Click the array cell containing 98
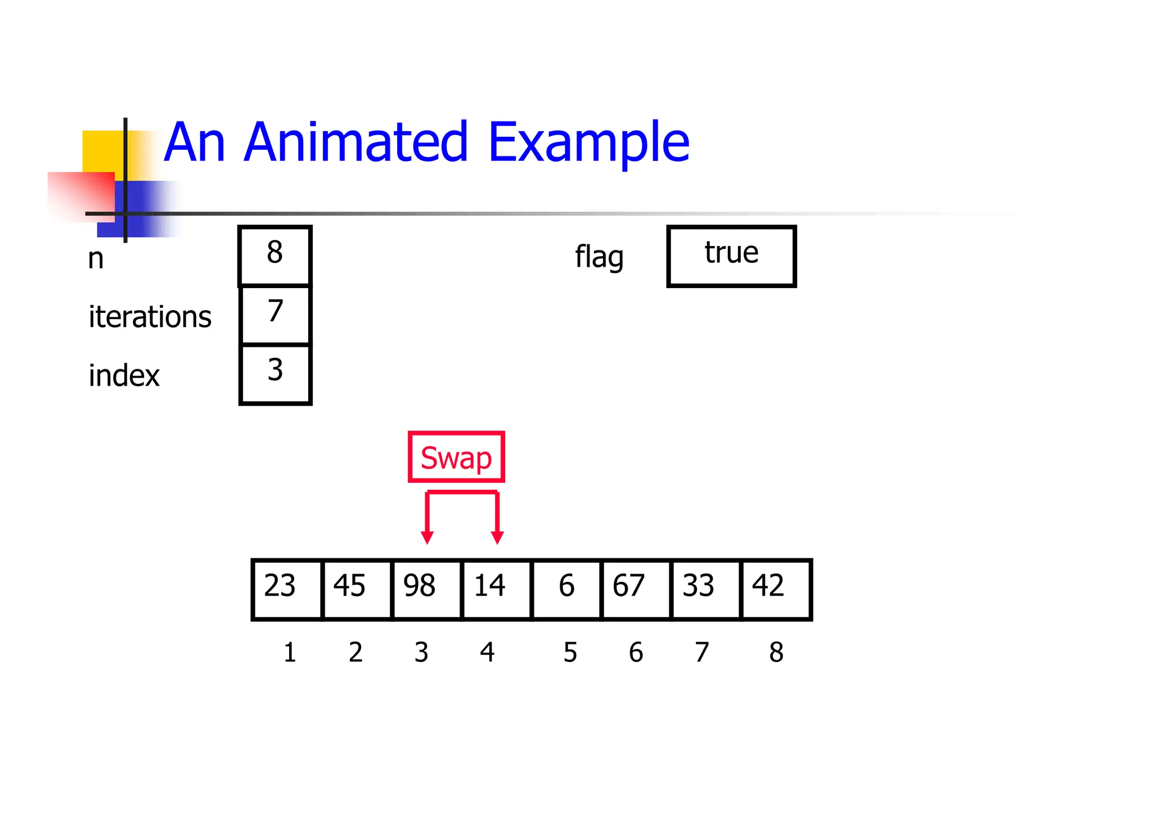(426, 589)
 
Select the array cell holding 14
(496, 589)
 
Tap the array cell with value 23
(287, 589)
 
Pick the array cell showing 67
(636, 589)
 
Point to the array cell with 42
(775, 589)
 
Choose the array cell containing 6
(566, 589)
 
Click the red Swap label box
(456, 457)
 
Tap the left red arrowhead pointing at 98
(427, 537)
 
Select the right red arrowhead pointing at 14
(497, 537)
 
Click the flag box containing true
(731, 256)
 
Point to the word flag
(599, 257)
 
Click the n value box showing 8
(275, 256)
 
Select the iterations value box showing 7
(275, 315)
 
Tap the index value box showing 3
(275, 374)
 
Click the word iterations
(150, 316)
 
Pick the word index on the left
(124, 375)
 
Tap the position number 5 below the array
(570, 652)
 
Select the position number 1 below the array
(290, 652)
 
